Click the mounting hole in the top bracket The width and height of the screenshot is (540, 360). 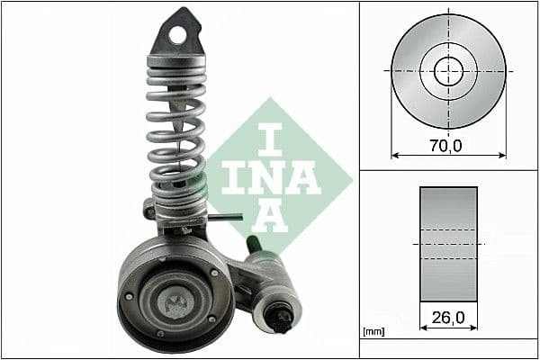(178, 34)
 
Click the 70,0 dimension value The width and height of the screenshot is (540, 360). (445, 144)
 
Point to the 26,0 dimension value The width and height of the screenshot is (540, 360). (447, 316)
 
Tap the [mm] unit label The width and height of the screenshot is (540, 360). (373, 332)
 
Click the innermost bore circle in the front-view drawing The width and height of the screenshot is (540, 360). (447, 70)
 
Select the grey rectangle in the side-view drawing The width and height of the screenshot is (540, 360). (448, 244)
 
